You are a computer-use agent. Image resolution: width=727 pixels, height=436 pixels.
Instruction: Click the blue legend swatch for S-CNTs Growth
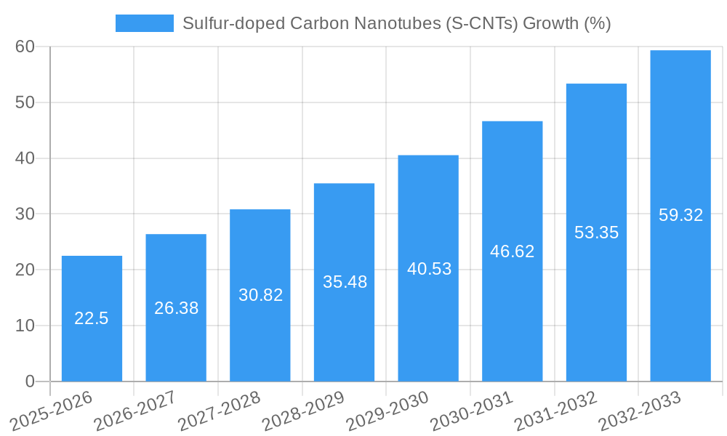[x=144, y=23]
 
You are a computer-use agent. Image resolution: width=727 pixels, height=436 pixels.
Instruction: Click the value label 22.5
[x=92, y=318]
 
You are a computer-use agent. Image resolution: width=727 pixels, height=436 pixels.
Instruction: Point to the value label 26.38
[x=176, y=308]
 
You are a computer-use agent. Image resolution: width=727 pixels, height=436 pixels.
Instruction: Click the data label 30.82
[x=260, y=295]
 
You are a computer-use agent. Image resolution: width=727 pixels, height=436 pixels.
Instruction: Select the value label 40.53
[x=429, y=269]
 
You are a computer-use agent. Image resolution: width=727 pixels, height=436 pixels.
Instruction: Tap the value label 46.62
[x=513, y=251]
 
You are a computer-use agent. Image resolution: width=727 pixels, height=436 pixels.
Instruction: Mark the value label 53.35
[x=596, y=233]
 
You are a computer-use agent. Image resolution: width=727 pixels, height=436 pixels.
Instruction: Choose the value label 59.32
[x=680, y=215]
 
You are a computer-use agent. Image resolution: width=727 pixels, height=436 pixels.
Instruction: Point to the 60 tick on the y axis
[x=25, y=47]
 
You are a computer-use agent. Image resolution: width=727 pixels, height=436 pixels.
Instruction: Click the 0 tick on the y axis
[x=30, y=381]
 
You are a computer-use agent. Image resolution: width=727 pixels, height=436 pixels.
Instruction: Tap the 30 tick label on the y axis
[x=25, y=214]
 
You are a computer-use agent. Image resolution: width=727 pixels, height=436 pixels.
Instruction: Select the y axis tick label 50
[x=25, y=102]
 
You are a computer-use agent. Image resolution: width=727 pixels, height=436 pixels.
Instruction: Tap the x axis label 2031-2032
[x=557, y=411]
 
